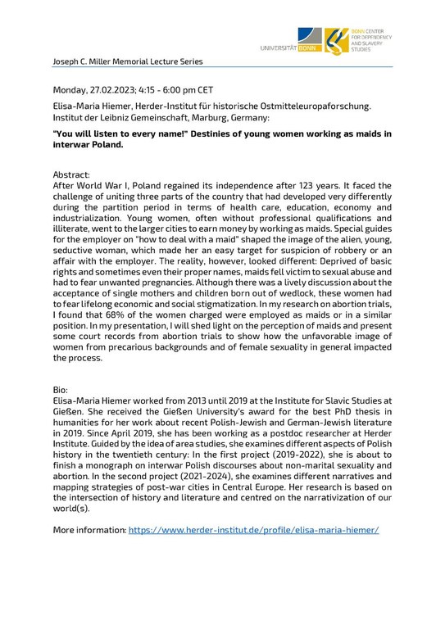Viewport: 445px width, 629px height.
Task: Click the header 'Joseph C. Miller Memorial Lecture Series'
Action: (x=127, y=61)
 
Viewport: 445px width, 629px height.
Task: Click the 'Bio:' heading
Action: (x=61, y=388)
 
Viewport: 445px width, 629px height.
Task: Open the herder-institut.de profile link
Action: (x=253, y=531)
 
